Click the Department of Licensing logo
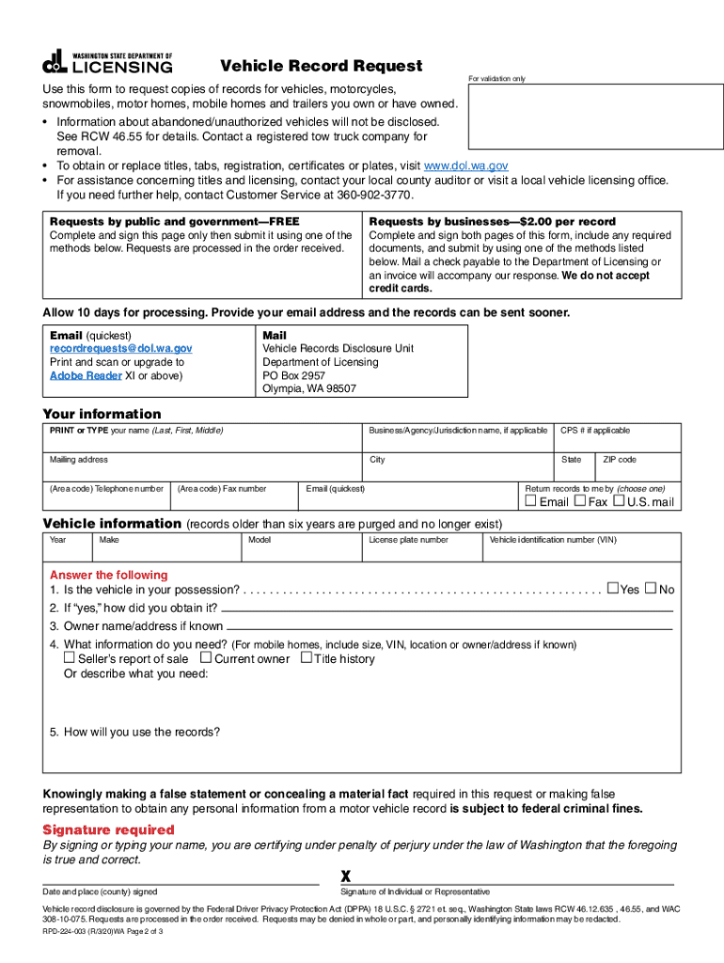[x=107, y=61]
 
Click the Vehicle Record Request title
[x=321, y=66]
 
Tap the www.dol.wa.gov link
[x=467, y=166]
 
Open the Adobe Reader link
[x=86, y=376]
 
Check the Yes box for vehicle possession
[x=613, y=589]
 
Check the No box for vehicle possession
[x=651, y=589]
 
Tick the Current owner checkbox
[x=206, y=658]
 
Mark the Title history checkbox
[x=306, y=658]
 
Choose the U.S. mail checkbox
[x=619, y=501]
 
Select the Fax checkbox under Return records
[x=579, y=501]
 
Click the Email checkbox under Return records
[x=530, y=501]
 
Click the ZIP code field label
[x=620, y=460]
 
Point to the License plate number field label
[x=408, y=540]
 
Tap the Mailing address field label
[x=79, y=460]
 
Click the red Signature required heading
[x=109, y=830]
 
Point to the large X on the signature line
[x=346, y=876]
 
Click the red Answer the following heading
[x=108, y=575]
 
